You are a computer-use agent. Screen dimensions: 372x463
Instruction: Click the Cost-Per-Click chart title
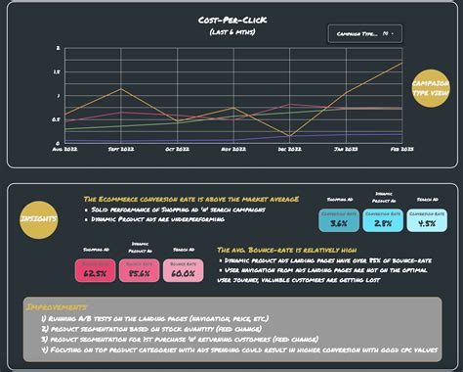(x=231, y=19)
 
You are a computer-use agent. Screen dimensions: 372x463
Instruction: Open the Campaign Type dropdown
(x=362, y=34)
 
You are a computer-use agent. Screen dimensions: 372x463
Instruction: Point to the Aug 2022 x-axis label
(x=64, y=150)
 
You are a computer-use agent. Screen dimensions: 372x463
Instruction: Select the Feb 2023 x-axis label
(x=400, y=150)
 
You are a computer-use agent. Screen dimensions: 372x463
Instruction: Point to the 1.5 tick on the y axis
(x=58, y=71)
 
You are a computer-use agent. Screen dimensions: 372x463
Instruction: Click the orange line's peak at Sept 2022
(x=121, y=89)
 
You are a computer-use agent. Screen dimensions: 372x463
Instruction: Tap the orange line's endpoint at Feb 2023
(x=401, y=64)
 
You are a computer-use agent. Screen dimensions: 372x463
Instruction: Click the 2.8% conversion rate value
(x=383, y=223)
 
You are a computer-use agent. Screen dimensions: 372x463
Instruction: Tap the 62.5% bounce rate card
(x=96, y=269)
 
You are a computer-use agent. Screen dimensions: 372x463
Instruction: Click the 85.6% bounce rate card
(x=139, y=269)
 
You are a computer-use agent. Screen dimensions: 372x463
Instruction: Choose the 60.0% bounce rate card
(x=183, y=269)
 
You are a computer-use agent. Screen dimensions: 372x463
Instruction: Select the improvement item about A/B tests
(x=147, y=320)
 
